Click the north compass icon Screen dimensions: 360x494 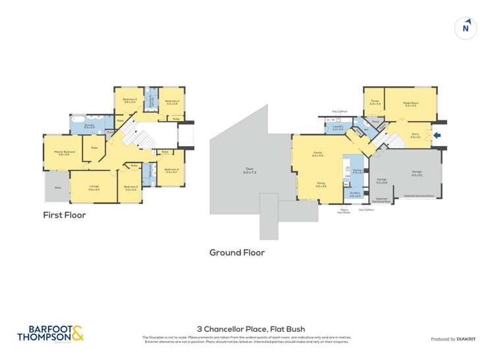tap(466, 28)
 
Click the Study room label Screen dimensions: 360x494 tap(375, 103)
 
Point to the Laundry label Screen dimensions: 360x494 tap(337, 128)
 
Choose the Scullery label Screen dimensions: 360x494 tap(354, 195)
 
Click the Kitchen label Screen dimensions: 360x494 tap(358, 172)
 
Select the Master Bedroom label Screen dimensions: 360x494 tap(64, 153)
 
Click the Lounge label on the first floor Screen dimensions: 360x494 tap(94, 187)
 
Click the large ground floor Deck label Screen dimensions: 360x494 tap(250, 170)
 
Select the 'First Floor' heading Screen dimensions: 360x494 tap(65, 215)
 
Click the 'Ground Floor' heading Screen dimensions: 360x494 tap(237, 252)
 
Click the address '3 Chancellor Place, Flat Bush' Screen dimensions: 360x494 tap(251, 329)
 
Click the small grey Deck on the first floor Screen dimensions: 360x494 tap(57, 187)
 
